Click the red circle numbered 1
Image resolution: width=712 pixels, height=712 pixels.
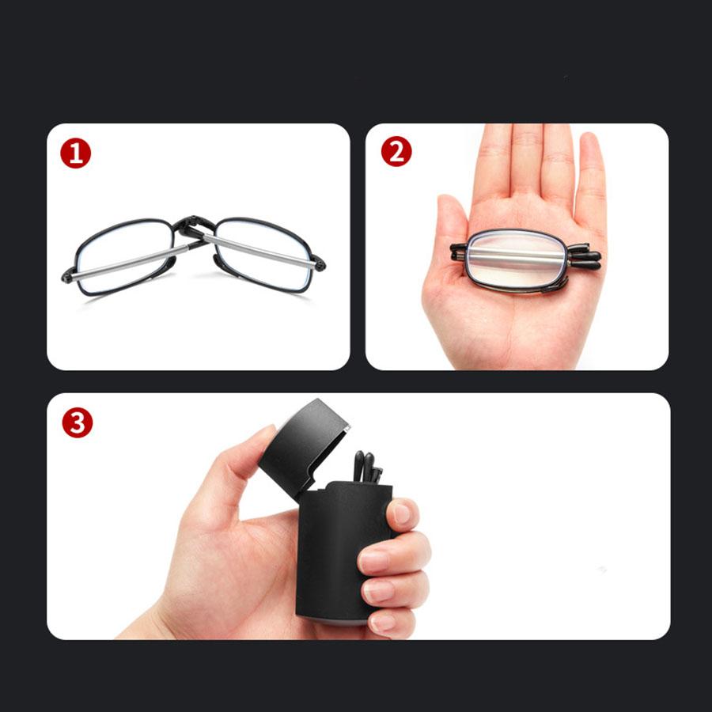76,153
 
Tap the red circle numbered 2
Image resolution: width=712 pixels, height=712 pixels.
396,151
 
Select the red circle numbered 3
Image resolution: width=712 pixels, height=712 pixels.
77,422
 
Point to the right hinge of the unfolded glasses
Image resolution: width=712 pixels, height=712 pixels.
317,260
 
